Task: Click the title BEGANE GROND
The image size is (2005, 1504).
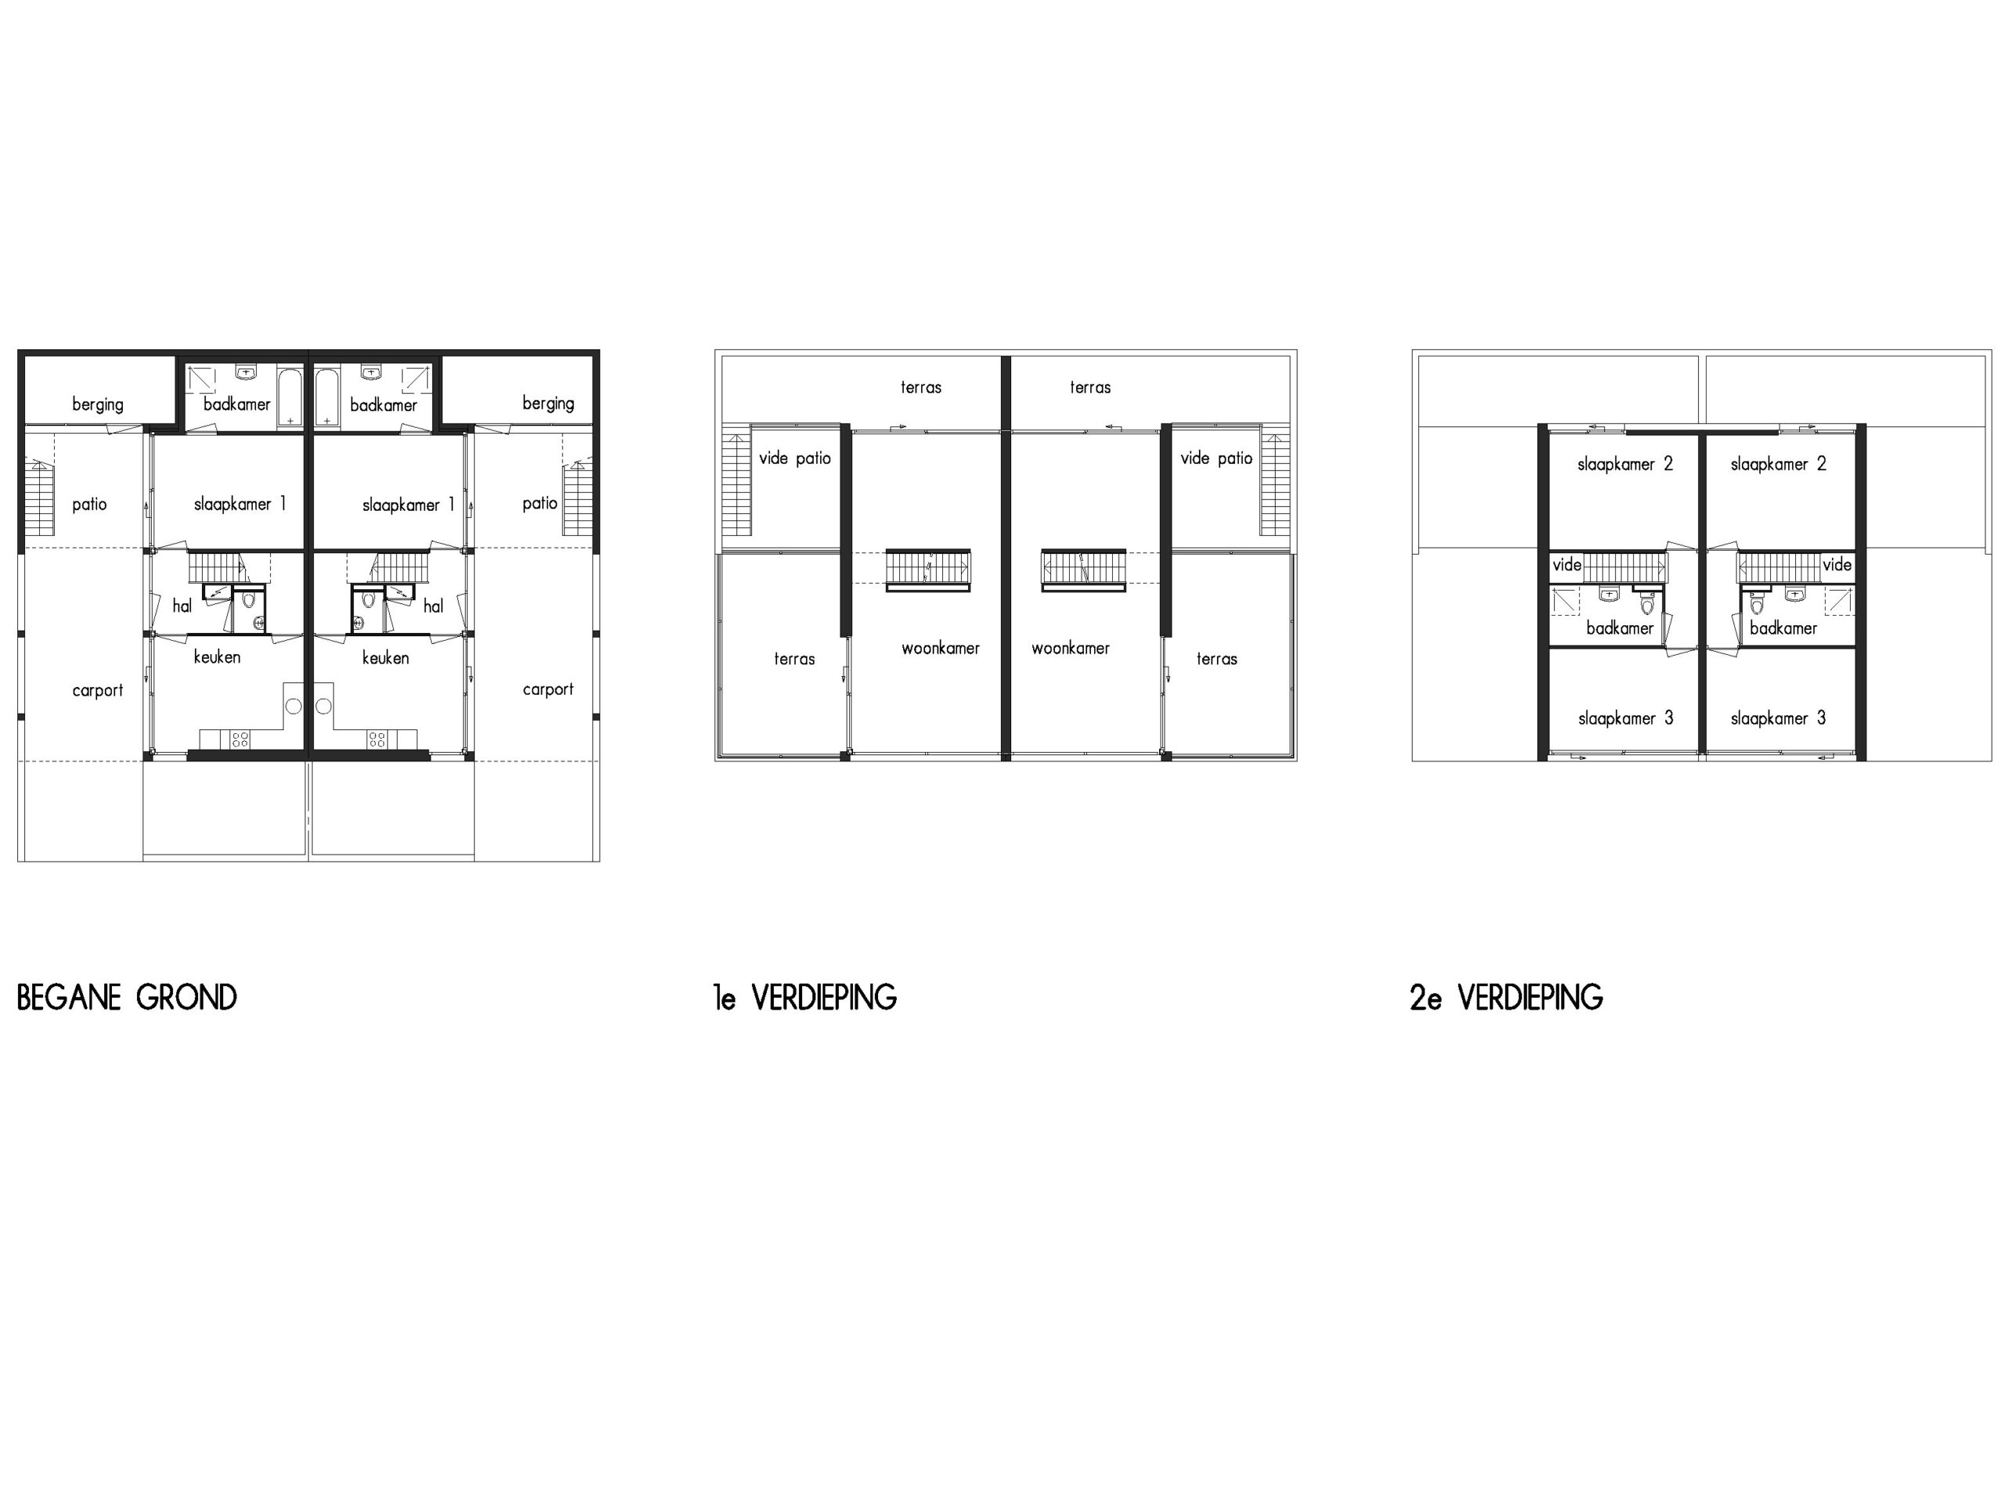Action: tap(127, 997)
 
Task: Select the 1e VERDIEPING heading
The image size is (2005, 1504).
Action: tap(805, 997)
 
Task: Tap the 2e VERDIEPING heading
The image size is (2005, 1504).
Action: tap(1506, 997)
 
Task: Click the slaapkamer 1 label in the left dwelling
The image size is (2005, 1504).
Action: tap(240, 504)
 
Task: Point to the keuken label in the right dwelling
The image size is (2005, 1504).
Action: tap(385, 657)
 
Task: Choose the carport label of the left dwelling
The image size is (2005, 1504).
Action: tap(98, 691)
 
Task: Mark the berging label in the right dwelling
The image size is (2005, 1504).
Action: tap(548, 403)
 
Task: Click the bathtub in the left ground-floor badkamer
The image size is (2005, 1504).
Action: tap(290, 396)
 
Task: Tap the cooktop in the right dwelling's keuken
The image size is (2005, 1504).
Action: tap(377, 739)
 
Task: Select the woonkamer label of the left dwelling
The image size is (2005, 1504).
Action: tap(941, 648)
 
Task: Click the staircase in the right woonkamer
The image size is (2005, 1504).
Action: tap(1083, 570)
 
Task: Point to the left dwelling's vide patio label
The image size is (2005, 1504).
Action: tap(795, 457)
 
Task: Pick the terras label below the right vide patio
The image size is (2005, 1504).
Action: tap(1216, 659)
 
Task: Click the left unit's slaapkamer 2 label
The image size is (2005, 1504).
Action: tap(1625, 465)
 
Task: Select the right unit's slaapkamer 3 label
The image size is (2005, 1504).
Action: tap(1779, 718)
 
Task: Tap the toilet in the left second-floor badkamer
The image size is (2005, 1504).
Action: tap(1647, 603)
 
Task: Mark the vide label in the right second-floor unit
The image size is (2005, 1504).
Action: tap(1837, 565)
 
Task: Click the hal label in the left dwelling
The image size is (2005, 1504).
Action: tap(182, 606)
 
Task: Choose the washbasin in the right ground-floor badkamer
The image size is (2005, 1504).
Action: tap(370, 373)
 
